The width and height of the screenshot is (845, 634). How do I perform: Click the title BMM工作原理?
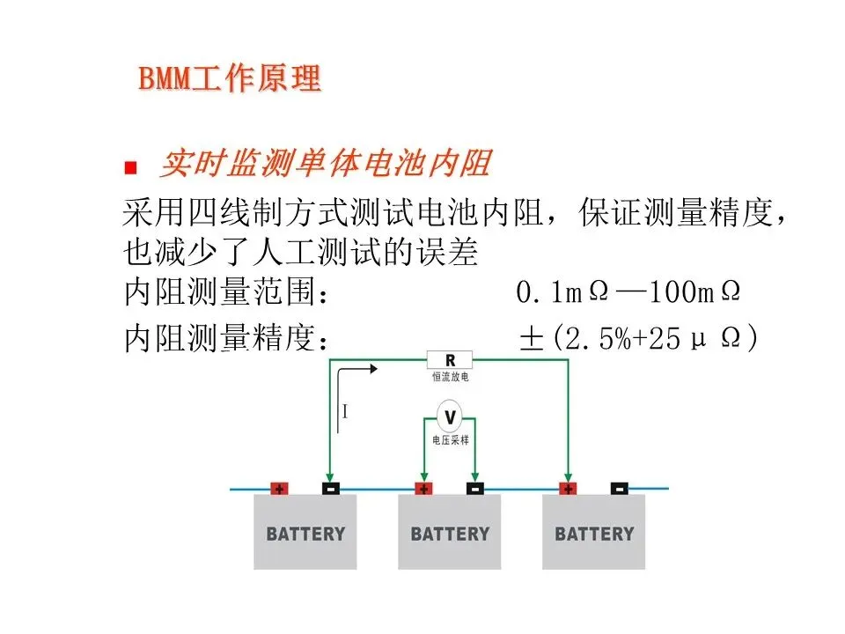point(230,78)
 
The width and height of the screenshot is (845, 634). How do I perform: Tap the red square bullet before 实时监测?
point(132,166)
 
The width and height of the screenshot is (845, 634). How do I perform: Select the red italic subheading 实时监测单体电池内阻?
point(325,164)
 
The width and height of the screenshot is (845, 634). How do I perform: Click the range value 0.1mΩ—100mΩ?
point(628,293)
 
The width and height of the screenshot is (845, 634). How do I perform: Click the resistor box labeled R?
point(450,359)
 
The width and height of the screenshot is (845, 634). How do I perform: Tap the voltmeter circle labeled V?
point(450,416)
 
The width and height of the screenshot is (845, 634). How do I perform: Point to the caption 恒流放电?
point(450,377)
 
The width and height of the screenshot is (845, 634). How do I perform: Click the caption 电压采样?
point(450,439)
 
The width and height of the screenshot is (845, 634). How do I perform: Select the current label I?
point(345,410)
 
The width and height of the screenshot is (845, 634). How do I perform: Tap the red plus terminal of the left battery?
point(279,488)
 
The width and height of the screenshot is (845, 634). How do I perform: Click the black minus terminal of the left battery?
point(330,488)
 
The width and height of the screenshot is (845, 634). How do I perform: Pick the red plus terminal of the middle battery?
point(423,488)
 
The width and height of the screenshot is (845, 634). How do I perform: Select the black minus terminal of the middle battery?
point(474,488)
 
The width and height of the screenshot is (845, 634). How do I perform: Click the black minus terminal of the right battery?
point(619,488)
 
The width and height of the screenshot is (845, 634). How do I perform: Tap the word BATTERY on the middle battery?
point(450,534)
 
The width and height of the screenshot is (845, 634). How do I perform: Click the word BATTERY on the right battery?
point(594,534)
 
